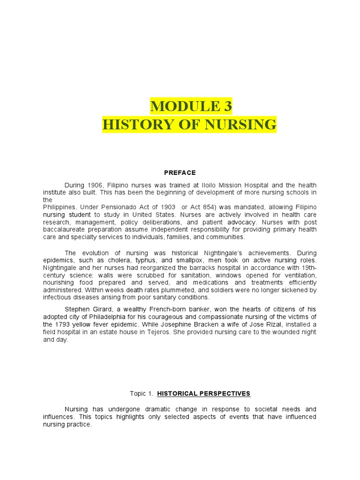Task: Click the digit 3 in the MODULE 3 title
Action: (x=227, y=107)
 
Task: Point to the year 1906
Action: (x=93, y=185)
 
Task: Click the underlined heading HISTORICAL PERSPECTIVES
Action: (x=204, y=394)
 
